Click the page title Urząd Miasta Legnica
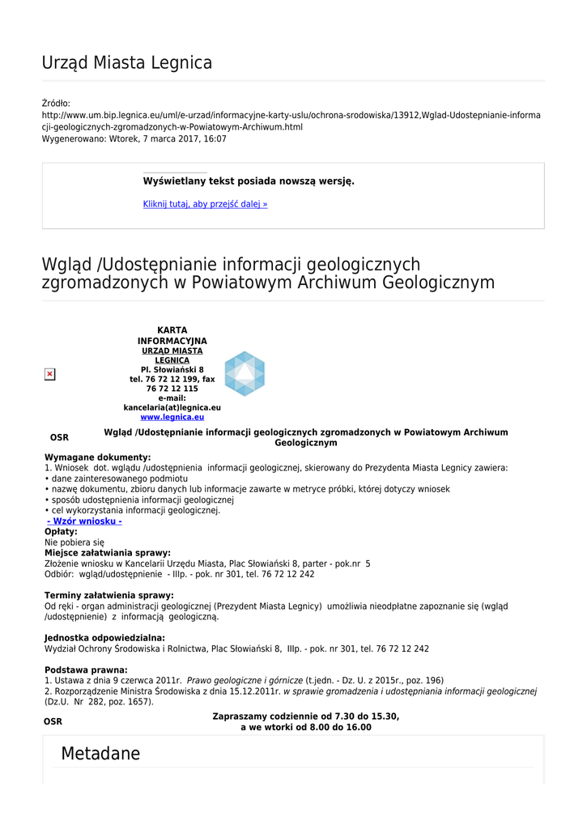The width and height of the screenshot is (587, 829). pos(127,63)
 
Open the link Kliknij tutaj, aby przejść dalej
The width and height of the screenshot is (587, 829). pos(205,204)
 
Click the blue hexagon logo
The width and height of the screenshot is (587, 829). pos(245,374)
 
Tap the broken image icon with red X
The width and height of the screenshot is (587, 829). pos(49,374)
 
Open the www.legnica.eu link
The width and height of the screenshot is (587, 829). pos(172,417)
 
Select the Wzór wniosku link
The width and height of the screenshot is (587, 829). pos(84,521)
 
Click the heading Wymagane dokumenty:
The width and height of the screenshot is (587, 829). pos(97,457)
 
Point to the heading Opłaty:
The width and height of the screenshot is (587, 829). pos(61,532)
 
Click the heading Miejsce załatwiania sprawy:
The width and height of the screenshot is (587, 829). pos(107,553)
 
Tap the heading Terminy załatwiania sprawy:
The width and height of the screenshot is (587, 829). pos(108,596)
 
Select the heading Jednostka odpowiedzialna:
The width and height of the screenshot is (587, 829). pos(104,638)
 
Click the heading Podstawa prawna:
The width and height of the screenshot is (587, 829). pos(86,670)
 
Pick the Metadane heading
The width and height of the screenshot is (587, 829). pos(100,755)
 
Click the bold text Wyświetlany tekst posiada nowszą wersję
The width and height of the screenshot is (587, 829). pos(249,181)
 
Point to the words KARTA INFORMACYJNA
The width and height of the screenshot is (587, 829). pos(172,336)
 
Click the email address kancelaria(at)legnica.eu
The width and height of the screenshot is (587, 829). pos(172,407)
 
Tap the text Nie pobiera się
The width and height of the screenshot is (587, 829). pos(74,542)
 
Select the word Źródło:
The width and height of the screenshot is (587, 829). pos(56,104)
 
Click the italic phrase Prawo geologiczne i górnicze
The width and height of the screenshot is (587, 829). pos(245,681)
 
